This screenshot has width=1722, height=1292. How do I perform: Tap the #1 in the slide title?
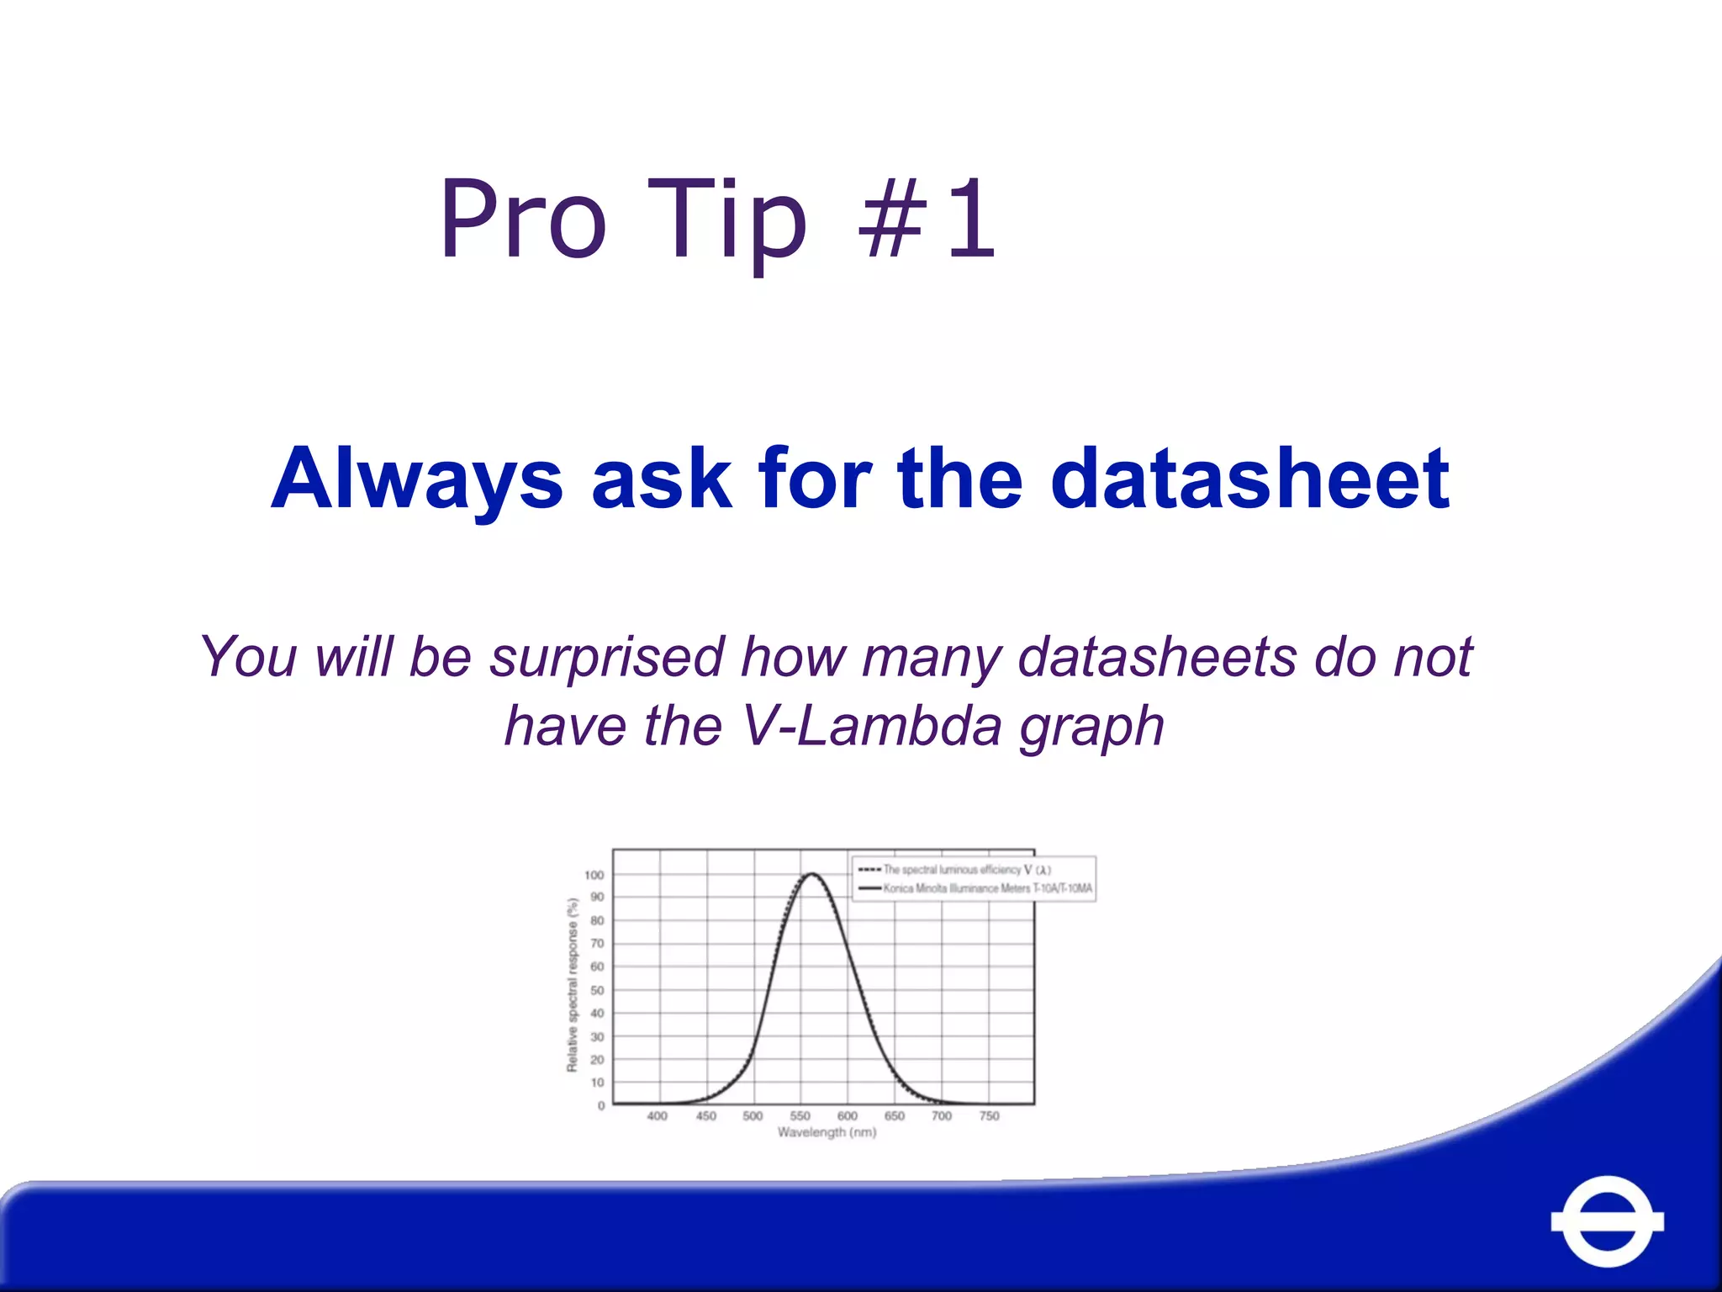[x=927, y=220]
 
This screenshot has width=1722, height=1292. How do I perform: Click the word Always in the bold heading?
[x=417, y=481]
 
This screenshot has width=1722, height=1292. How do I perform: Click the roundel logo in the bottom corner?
[x=1607, y=1221]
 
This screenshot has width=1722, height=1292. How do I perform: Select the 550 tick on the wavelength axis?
[x=800, y=1116]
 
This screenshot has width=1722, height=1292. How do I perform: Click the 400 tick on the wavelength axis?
[x=657, y=1116]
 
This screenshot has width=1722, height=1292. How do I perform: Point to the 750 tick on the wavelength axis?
[x=990, y=1116]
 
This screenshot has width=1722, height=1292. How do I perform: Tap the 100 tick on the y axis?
[x=594, y=875]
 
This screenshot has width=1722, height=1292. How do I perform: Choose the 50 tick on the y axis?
[x=597, y=990]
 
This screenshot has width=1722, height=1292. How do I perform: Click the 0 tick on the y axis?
[x=601, y=1105]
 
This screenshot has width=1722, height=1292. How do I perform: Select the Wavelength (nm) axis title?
[x=827, y=1133]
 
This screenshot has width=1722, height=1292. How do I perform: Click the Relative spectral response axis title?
[x=573, y=985]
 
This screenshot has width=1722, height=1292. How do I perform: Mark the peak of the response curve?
[x=812, y=874]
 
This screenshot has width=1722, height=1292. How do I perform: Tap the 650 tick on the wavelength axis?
[x=895, y=1116]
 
